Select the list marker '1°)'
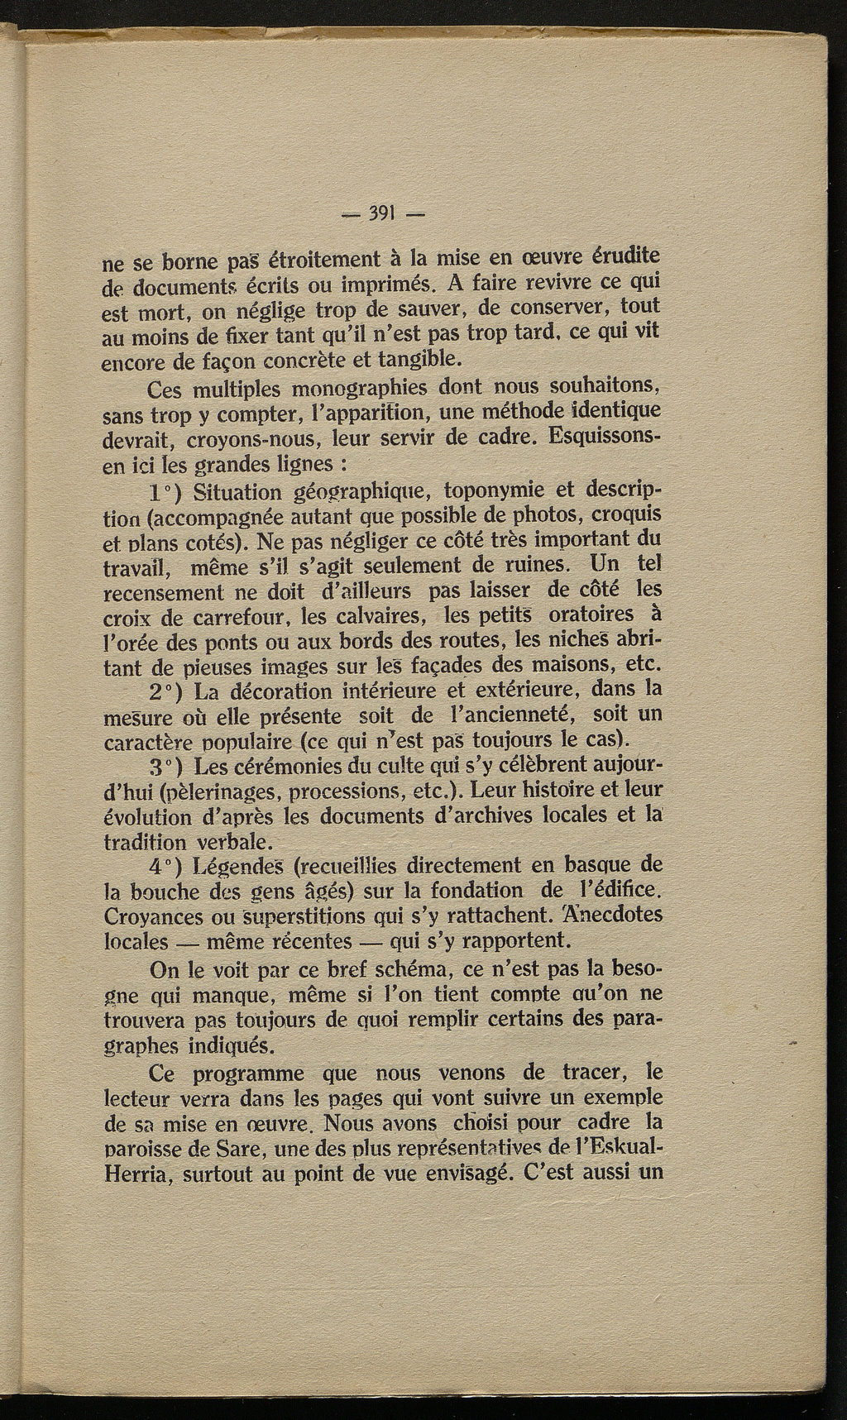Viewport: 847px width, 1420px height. click(x=169, y=493)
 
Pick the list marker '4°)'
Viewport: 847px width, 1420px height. click(x=169, y=866)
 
